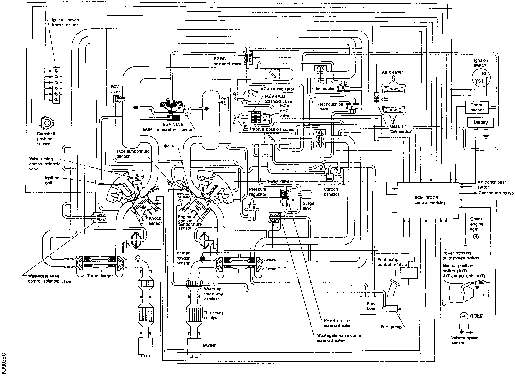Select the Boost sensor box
[x=477, y=107]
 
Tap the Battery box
[x=481, y=122]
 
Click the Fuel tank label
[x=371, y=306]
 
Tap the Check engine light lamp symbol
[x=475, y=237]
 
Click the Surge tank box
[x=306, y=194]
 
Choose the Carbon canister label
[x=331, y=192]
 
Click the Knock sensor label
[x=155, y=221]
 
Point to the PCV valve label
[x=115, y=89]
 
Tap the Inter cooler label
[x=323, y=89]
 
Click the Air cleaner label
[x=392, y=72]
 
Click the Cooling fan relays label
[x=496, y=193]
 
